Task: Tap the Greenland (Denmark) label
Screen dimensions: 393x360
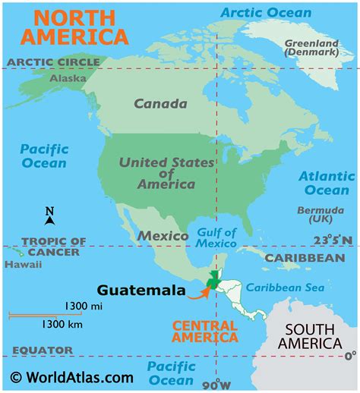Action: pyautogui.click(x=311, y=49)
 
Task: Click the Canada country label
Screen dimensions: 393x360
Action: pyautogui.click(x=160, y=104)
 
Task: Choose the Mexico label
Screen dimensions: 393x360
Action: pyautogui.click(x=163, y=236)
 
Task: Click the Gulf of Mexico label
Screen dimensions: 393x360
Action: pyautogui.click(x=216, y=237)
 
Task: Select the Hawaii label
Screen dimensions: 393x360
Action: pyautogui.click(x=18, y=265)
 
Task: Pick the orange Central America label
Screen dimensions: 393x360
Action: pyautogui.click(x=204, y=331)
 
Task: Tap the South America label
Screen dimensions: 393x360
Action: pyautogui.click(x=314, y=336)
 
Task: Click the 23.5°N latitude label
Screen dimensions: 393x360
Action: pyautogui.click(x=333, y=241)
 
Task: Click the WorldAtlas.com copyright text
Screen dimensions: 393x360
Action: pyautogui.click(x=72, y=376)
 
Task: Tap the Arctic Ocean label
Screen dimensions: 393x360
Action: pyautogui.click(x=265, y=13)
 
